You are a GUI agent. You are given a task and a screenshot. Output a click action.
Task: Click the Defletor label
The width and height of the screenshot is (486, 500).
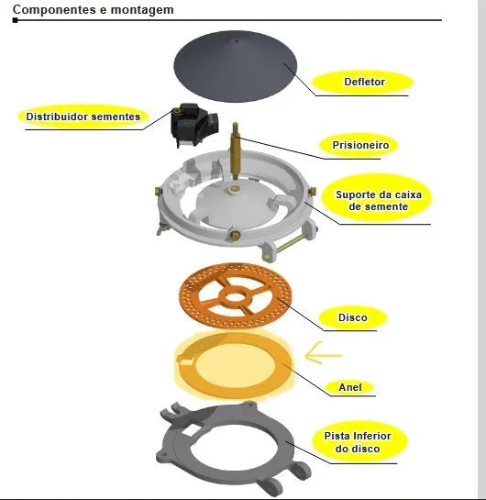pos(365,82)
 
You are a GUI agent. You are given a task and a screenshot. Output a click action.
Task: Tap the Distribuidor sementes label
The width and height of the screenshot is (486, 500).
pos(83,117)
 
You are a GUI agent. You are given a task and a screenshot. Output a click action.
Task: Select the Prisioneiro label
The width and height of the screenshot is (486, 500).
pos(360,145)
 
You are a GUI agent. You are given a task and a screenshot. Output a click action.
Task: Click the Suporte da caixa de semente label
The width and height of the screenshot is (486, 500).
pos(379,201)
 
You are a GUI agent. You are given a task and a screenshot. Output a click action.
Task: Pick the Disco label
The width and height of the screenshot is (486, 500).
pos(353,317)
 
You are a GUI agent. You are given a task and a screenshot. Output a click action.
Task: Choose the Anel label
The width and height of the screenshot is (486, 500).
pos(350,387)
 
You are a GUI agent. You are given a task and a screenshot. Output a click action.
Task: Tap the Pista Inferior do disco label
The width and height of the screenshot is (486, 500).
pos(358,442)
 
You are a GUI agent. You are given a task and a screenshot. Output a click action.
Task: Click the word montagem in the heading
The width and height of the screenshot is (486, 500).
pos(142,10)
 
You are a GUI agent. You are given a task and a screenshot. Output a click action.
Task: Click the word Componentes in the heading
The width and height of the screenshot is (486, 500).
pos(54,9)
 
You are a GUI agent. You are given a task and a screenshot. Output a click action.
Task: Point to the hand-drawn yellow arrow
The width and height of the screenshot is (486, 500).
pos(323,353)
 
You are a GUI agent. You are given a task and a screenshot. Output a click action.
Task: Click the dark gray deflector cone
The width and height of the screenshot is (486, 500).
pos(236,66)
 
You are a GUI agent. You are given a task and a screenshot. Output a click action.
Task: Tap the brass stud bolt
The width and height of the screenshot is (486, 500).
pos(236,151)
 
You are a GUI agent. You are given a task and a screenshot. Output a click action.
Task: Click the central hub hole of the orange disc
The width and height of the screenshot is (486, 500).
pos(235,297)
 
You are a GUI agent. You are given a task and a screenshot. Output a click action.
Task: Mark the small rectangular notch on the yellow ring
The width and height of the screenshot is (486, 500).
pos(186,361)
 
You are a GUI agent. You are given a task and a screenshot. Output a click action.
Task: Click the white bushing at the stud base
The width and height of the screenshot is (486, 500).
pos(236,190)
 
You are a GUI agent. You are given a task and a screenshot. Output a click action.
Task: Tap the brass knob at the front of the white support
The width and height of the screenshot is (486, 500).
pos(235,236)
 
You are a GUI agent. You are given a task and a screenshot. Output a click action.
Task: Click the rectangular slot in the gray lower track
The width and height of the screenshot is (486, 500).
pos(191,430)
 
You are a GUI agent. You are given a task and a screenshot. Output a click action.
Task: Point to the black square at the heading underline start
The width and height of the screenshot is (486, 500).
pos(15,20)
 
